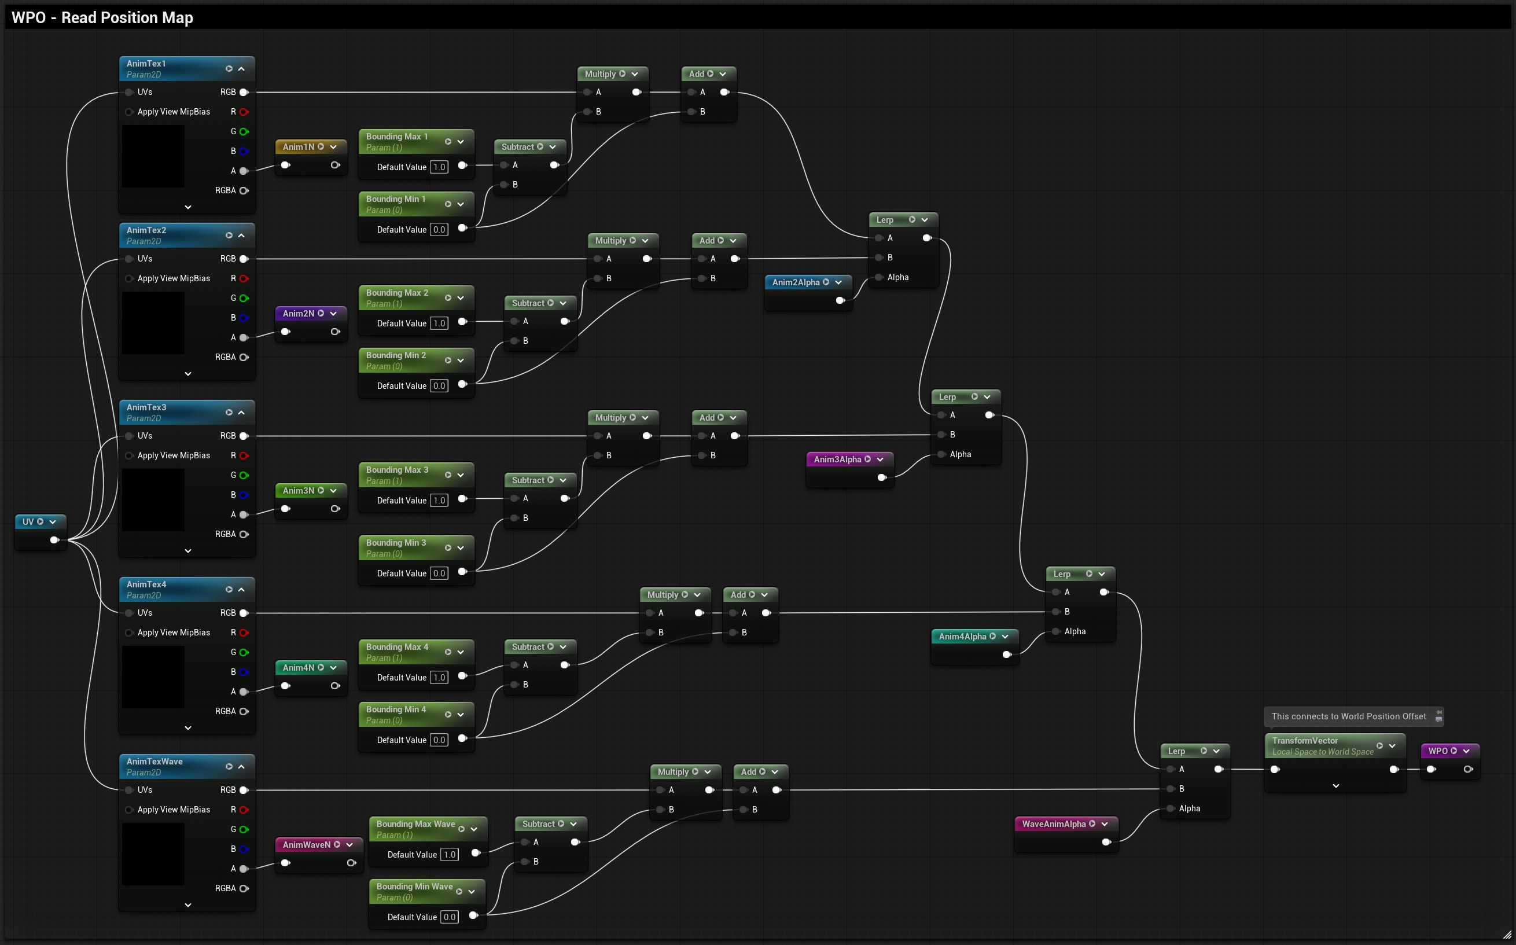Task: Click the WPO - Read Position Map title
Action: click(x=102, y=17)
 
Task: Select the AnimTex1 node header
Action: click(x=187, y=69)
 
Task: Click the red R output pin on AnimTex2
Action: click(x=244, y=279)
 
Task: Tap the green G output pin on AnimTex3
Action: click(x=244, y=476)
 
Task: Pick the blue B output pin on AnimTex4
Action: click(x=244, y=672)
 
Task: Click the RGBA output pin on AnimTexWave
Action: click(x=244, y=889)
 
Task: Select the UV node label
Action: click(x=28, y=522)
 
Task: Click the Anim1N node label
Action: click(x=298, y=147)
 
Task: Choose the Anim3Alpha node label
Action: click(x=837, y=459)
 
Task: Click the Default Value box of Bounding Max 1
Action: click(x=439, y=167)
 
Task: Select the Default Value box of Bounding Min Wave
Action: click(x=449, y=917)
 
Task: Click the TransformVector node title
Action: click(x=1305, y=741)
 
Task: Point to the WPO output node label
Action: click(x=1438, y=751)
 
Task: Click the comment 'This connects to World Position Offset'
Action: click(x=1349, y=717)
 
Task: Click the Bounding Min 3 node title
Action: click(x=396, y=542)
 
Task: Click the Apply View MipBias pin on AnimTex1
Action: click(x=128, y=112)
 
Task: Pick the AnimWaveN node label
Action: click(x=306, y=845)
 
